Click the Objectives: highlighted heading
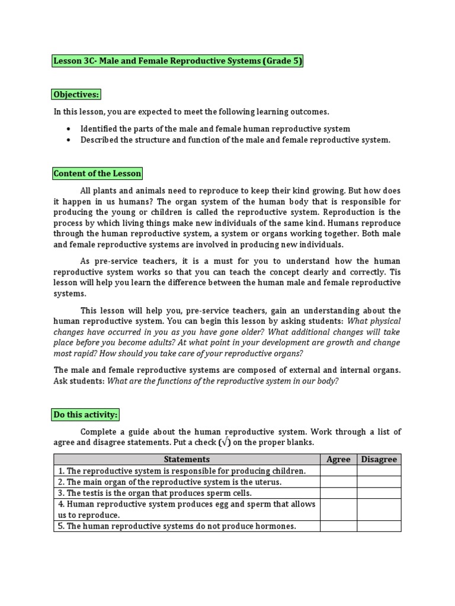coord(76,95)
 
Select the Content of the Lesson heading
coord(98,173)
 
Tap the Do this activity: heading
coord(86,415)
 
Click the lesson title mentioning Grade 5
coord(178,61)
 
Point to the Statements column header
coord(187,459)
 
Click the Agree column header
coord(338,459)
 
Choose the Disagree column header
coord(379,459)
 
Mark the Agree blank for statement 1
coord(338,471)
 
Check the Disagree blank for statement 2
coord(379,482)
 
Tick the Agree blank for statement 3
coord(338,493)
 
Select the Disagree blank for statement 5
coord(379,526)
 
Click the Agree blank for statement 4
coord(338,510)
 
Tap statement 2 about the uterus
coord(169,482)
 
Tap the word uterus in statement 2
coord(268,482)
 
